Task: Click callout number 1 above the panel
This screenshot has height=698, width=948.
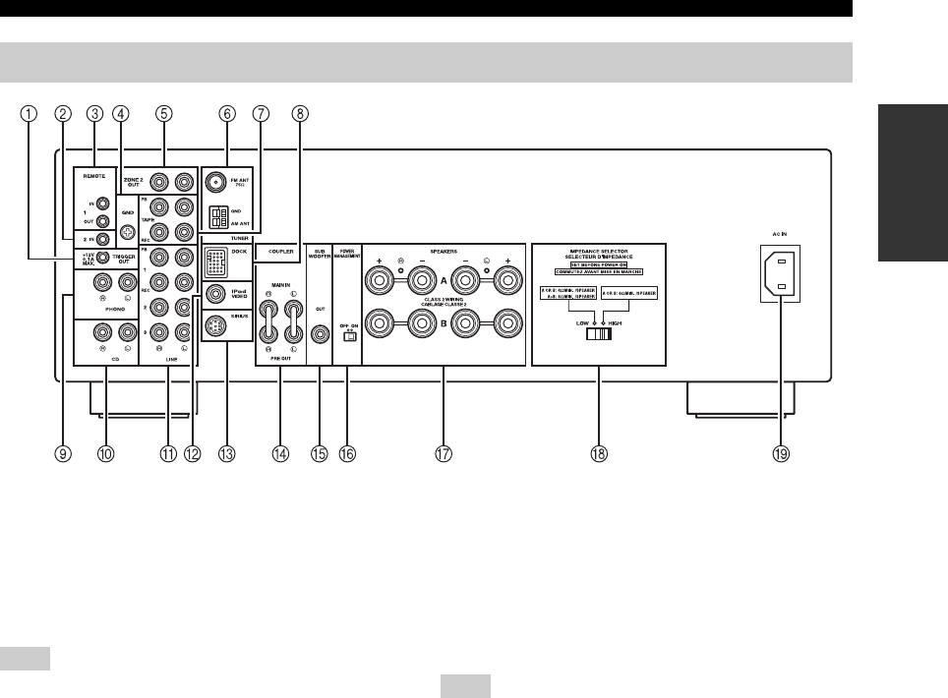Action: pyautogui.click(x=31, y=112)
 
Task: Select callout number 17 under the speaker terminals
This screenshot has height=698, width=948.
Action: pyautogui.click(x=443, y=454)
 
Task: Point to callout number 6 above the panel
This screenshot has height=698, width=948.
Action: pyautogui.click(x=228, y=112)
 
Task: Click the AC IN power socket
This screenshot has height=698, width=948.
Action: pyautogui.click(x=776, y=274)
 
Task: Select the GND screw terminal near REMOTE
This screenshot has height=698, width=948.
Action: pyautogui.click(x=125, y=233)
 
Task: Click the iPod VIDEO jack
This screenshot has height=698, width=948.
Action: pyautogui.click(x=215, y=292)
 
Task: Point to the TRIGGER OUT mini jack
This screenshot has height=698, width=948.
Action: pyautogui.click(x=102, y=259)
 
